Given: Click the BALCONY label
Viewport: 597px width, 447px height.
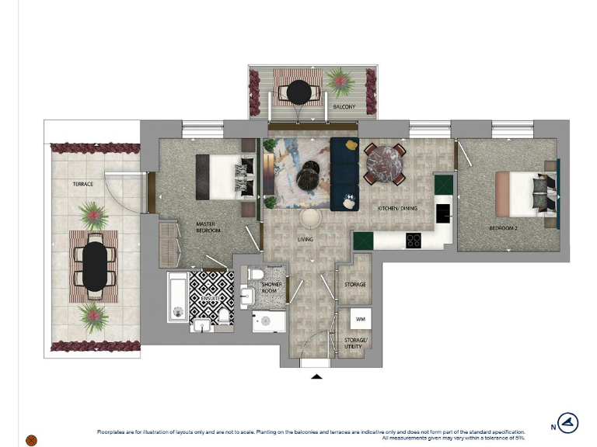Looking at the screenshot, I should point(344,106).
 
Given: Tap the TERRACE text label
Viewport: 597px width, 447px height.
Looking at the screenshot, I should point(83,184).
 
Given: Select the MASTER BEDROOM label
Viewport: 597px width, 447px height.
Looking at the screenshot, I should point(208,227).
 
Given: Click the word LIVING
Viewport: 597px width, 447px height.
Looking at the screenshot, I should point(305,239).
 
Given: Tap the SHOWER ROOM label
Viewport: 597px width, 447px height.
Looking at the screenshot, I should point(271,288).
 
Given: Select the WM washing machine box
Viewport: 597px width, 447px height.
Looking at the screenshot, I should point(360,319).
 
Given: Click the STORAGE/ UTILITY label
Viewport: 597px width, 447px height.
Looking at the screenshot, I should point(354,342).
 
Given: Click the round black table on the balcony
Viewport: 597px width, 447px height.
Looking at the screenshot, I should point(298,92).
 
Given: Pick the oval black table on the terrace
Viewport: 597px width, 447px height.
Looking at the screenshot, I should point(94,266).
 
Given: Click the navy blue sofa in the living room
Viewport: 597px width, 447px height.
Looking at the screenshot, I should point(344,173).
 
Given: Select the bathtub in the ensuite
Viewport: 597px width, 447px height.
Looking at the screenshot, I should point(178,296).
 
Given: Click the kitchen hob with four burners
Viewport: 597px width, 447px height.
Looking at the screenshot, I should point(414,241).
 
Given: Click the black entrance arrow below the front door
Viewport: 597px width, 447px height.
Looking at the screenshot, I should point(316,376).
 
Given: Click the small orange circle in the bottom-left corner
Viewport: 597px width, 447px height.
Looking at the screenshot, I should point(31,440).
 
